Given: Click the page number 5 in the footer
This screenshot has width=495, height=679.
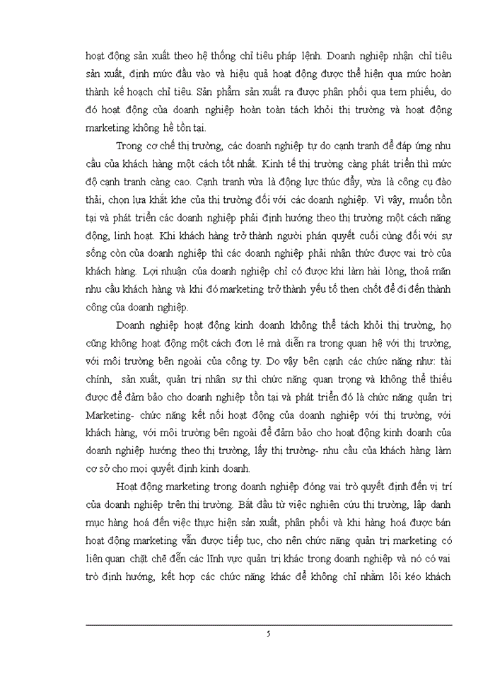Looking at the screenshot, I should (269, 633).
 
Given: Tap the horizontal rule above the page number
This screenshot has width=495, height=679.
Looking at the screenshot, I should (269, 625).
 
